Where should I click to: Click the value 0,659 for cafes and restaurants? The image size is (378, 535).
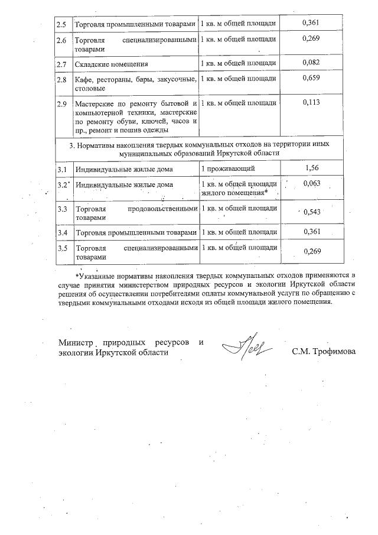click(x=311, y=79)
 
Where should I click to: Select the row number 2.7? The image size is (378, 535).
click(x=61, y=63)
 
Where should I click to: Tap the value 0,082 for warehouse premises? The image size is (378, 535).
click(x=311, y=62)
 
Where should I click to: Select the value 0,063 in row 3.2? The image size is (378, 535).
click(x=311, y=184)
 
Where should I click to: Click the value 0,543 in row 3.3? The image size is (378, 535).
click(x=311, y=212)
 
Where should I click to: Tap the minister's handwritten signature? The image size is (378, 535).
click(x=248, y=345)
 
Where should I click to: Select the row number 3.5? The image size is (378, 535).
click(x=61, y=248)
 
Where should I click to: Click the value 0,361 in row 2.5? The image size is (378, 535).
click(x=311, y=22)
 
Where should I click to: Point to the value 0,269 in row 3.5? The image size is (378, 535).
click(x=311, y=252)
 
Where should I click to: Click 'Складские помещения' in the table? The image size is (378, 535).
click(x=112, y=64)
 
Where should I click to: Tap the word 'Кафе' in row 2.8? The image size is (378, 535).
click(x=83, y=79)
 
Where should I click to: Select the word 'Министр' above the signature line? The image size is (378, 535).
click(x=77, y=342)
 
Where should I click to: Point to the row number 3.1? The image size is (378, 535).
click(x=61, y=170)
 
